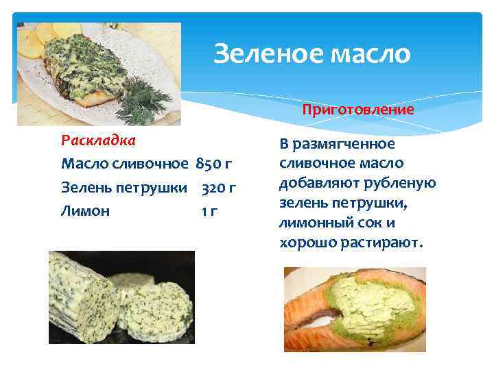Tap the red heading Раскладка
pyautogui.click(x=98, y=141)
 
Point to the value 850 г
pyautogui.click(x=215, y=164)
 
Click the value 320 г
pyautogui.click(x=220, y=187)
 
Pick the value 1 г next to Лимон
pyautogui.click(x=209, y=211)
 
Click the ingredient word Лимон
pyautogui.click(x=85, y=211)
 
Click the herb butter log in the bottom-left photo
pyautogui.click(x=79, y=295)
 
